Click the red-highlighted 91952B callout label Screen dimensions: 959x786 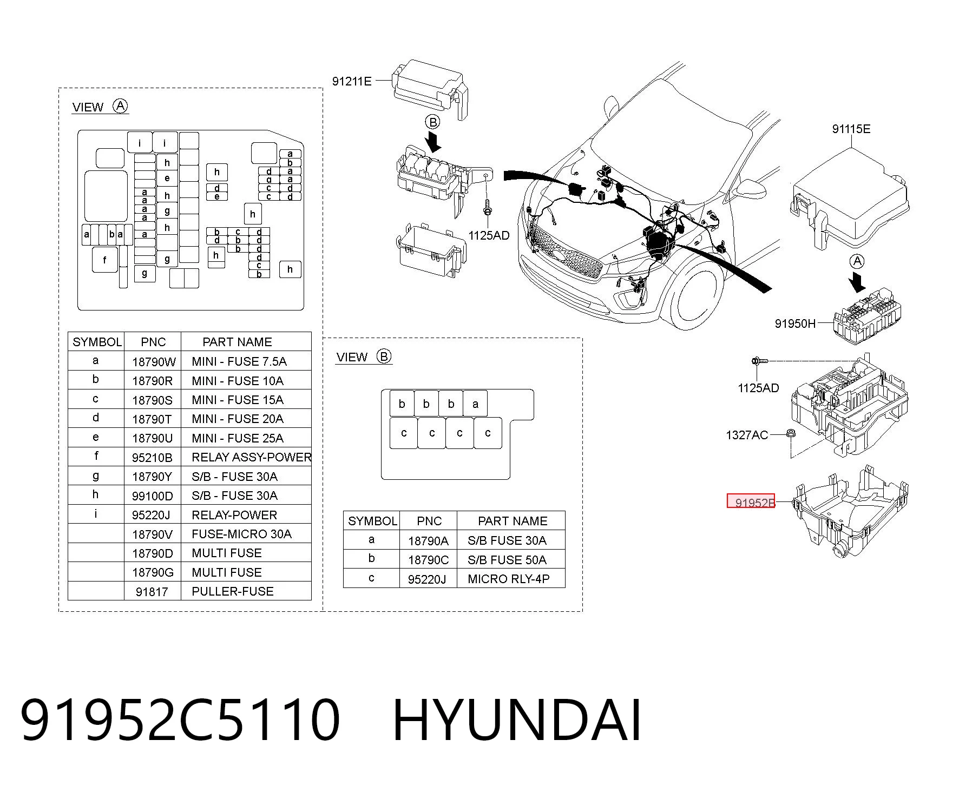[x=751, y=501]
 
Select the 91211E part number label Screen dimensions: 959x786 [x=352, y=81]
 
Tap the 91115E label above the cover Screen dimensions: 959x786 [x=851, y=129]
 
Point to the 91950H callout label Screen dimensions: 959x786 [x=795, y=323]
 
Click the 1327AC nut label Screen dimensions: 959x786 [x=747, y=435]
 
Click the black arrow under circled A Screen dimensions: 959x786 [x=857, y=282]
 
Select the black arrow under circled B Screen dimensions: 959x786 [x=433, y=142]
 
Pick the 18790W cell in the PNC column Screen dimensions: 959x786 [x=154, y=361]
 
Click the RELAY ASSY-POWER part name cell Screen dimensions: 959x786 [x=251, y=457]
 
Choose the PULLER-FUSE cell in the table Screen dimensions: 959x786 [x=233, y=591]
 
